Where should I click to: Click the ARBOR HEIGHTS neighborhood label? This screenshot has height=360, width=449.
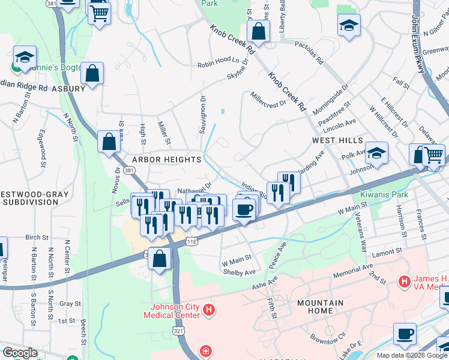coord(167,160)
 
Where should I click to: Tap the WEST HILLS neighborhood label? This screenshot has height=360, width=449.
coord(337,140)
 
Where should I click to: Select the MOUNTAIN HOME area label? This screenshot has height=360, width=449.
coord(321,307)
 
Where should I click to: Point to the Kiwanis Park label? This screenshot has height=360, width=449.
coord(384,195)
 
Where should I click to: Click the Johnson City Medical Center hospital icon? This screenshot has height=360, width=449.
coord(209,310)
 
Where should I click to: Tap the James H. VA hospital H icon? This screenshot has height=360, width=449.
coord(405,281)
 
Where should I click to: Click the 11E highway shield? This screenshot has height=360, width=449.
coord(191,241)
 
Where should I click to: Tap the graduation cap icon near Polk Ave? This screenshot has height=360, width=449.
coord(376,153)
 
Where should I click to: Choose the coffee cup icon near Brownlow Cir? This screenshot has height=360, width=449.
coord(405,333)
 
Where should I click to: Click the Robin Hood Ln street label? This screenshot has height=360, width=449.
coord(214,61)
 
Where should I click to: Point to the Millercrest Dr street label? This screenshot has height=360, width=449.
coord(268,100)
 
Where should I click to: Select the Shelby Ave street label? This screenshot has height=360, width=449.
coord(238,272)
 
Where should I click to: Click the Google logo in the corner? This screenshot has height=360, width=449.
coord(20,353)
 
